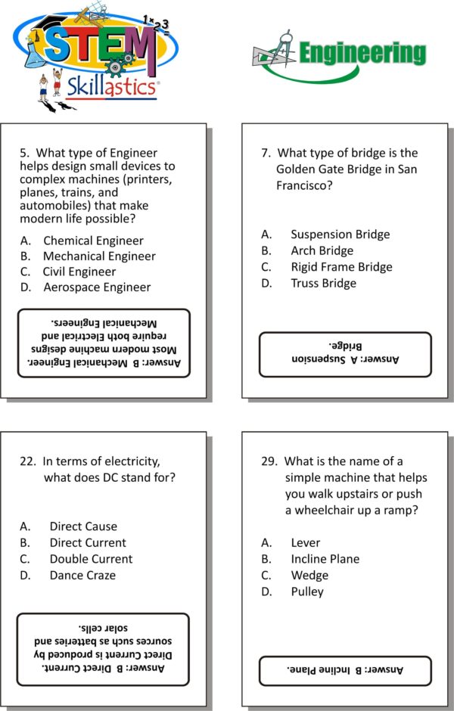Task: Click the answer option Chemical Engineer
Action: point(93,241)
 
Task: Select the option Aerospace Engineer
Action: point(97,287)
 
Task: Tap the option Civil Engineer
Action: point(79,272)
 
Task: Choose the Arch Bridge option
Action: point(322,250)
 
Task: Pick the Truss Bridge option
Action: point(323,284)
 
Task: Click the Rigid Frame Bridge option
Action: point(341,267)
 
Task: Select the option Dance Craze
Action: point(82,576)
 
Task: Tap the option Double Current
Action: point(91,559)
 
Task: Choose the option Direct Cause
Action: point(83,526)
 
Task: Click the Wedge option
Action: point(309,576)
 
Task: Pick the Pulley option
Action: point(306,591)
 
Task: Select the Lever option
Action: point(305,543)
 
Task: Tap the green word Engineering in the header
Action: point(362,53)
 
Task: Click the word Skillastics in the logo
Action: point(113,85)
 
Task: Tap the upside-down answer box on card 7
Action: point(344,354)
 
